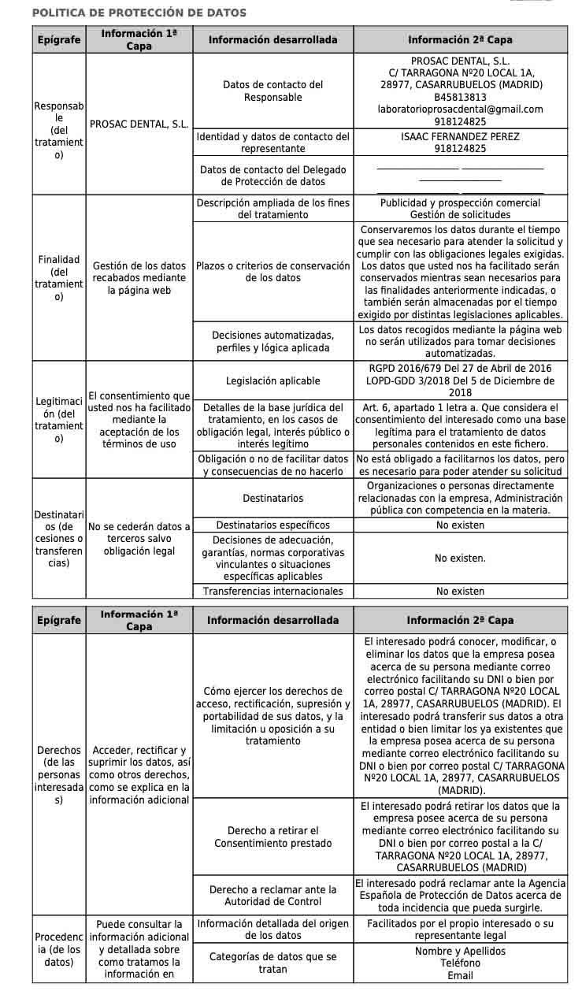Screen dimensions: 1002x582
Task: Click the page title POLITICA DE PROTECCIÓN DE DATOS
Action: click(139, 13)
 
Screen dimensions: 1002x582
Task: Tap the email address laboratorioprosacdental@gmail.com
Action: click(460, 109)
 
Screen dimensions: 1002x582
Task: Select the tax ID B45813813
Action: click(460, 97)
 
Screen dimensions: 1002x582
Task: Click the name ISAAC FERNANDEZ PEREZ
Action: click(460, 136)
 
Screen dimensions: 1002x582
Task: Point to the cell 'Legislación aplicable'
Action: click(272, 380)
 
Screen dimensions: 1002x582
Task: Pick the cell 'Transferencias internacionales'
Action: click(272, 591)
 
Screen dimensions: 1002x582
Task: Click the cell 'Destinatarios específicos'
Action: click(272, 525)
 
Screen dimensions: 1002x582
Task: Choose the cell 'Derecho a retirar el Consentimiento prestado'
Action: click(272, 837)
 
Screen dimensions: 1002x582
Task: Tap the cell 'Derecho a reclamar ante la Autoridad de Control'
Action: click(272, 896)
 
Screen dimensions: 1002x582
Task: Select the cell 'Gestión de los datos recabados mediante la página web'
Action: click(139, 278)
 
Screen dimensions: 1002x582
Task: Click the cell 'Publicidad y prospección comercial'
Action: click(460, 202)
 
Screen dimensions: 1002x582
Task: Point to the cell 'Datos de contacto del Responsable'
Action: click(272, 91)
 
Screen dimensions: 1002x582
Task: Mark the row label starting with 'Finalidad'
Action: click(58, 278)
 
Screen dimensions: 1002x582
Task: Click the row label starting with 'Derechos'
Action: click(58, 775)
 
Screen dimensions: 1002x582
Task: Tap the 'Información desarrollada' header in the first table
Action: click(272, 40)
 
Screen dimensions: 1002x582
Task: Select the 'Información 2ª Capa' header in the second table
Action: click(460, 621)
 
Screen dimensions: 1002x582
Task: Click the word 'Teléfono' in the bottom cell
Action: click(460, 963)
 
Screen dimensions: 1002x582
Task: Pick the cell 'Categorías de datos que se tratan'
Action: click(272, 963)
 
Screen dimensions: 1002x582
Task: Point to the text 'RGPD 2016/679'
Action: click(406, 368)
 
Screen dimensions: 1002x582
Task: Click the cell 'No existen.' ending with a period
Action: click(460, 558)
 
